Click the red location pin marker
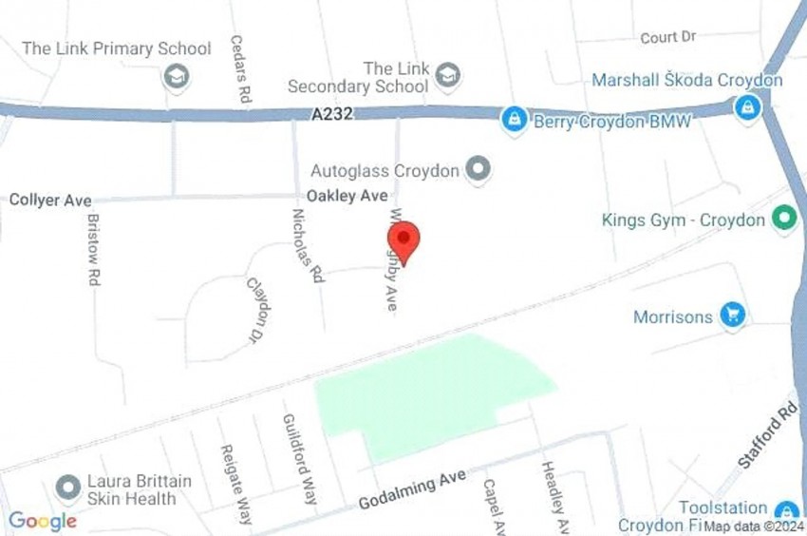pos(404,239)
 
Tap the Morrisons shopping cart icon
pos(732,316)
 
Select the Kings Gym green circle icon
pos(783,220)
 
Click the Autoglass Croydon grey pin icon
pos(479,170)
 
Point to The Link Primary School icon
pos(176,76)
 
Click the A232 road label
pos(331,113)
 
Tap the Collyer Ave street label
pos(50,200)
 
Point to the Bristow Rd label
pos(94,248)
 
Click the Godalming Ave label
pos(412,490)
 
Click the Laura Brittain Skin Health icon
pos(67,488)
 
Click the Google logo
pos(43,521)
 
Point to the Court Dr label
pos(668,37)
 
